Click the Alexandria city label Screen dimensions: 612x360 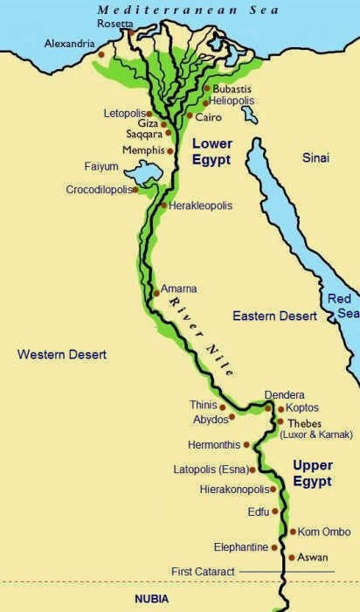tap(71, 42)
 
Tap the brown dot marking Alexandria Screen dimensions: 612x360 tap(102, 54)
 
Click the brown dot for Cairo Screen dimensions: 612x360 tap(190, 115)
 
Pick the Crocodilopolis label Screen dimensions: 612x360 tap(100, 190)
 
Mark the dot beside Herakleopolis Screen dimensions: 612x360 tap(163, 205)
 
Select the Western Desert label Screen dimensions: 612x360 tap(61, 354)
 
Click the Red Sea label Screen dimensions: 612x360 tap(342, 306)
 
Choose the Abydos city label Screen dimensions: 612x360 tap(211, 420)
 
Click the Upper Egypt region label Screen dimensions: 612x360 tap(312, 472)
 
